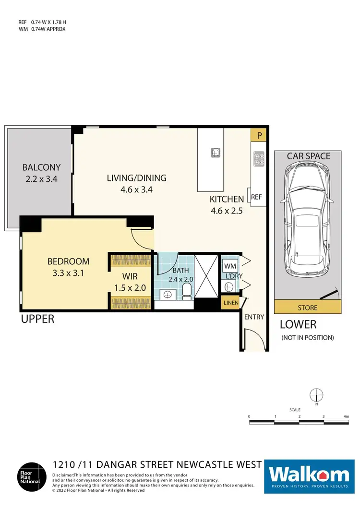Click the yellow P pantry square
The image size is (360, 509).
259,135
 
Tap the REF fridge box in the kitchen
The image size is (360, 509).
256,197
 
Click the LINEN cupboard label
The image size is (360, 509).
230,303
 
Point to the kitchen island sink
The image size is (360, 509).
216,153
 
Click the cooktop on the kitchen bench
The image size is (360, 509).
259,159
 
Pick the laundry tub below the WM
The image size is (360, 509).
229,287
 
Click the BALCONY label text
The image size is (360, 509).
41,167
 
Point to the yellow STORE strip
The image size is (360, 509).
307,308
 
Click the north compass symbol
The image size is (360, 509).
316,395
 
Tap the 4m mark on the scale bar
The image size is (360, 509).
346,416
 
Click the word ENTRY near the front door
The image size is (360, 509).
254,317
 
